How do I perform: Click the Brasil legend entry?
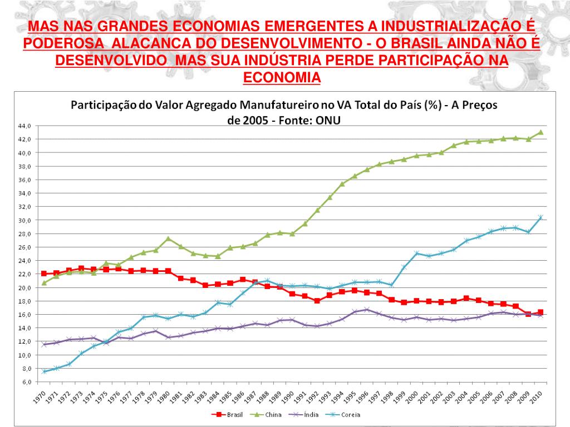click(229, 414)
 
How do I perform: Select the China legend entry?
click(270, 414)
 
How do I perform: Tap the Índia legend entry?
click(310, 414)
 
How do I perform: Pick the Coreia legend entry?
click(350, 414)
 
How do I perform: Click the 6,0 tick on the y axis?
click(27, 382)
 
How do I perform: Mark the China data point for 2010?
click(540, 132)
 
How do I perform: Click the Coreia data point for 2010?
click(540, 217)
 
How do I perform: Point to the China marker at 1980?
click(168, 239)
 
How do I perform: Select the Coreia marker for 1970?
click(44, 371)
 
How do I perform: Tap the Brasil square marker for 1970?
click(44, 274)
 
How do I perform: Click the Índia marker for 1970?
click(44, 345)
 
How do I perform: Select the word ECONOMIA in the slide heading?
click(282, 77)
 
